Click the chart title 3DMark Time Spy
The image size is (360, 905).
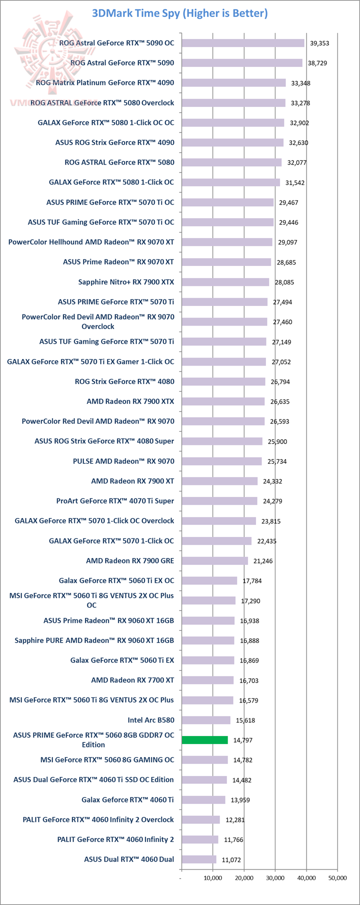179,13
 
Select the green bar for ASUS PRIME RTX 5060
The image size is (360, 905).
204,740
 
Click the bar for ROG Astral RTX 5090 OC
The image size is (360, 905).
242,43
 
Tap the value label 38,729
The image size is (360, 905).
319,63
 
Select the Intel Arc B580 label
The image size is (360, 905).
151,720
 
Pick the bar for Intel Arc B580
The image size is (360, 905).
206,720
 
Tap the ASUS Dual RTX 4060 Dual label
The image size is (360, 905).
129,859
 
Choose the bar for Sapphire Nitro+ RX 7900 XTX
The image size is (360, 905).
225,282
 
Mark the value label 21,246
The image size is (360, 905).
263,561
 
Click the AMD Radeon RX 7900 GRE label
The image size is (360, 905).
130,561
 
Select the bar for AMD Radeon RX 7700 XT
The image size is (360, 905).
207,680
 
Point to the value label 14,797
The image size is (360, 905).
243,740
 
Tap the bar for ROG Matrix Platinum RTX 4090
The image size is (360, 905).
233,83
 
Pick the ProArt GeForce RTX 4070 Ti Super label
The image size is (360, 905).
115,501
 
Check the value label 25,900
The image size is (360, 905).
277,441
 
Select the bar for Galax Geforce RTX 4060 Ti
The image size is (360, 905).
203,800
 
